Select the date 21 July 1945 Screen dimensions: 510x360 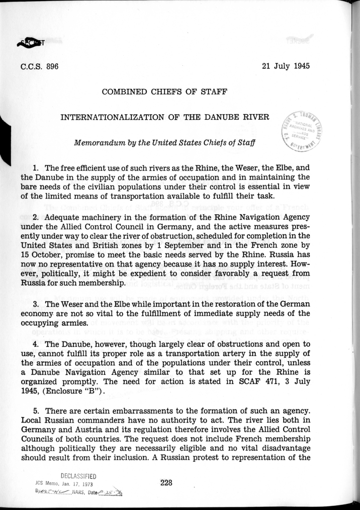(x=286, y=66)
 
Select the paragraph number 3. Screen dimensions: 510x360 (x=36, y=305)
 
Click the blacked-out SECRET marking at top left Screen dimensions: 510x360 (x=30, y=44)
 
